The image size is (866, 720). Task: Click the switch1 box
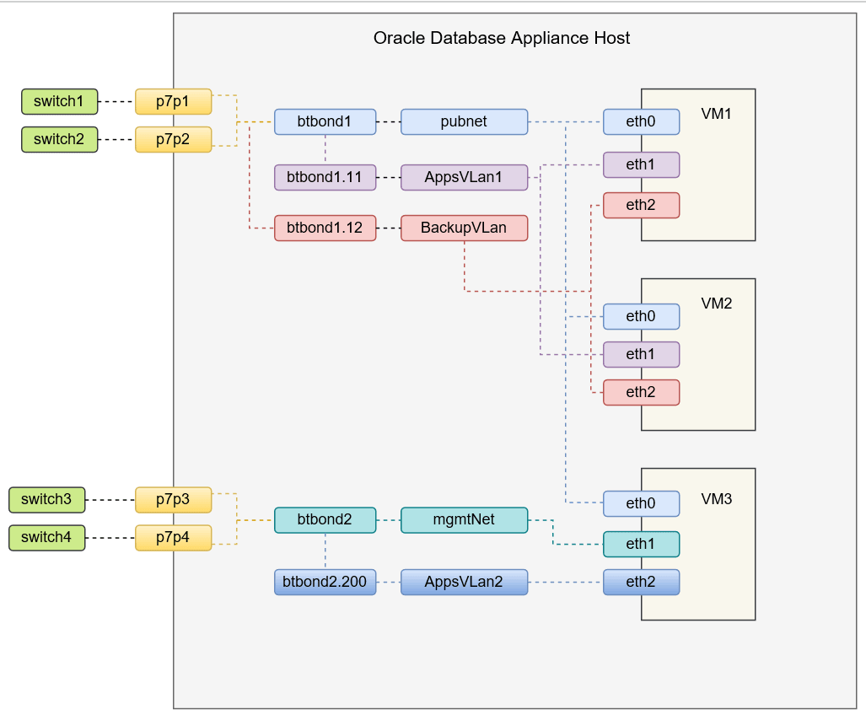(x=59, y=102)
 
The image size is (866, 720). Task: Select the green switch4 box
(x=46, y=537)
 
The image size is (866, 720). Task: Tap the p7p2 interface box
(x=173, y=139)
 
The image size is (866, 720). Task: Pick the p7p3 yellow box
(x=173, y=499)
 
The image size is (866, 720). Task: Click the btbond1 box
(x=325, y=121)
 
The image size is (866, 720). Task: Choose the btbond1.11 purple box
(x=325, y=177)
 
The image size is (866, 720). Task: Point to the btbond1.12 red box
(x=325, y=228)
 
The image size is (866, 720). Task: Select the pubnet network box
(x=464, y=121)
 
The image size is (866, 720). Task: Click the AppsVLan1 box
(x=464, y=177)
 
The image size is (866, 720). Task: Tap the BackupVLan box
(x=464, y=228)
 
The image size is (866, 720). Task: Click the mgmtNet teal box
(x=464, y=519)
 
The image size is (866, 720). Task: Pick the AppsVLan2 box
(x=464, y=582)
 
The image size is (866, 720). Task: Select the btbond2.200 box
(x=325, y=582)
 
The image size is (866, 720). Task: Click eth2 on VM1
(x=641, y=205)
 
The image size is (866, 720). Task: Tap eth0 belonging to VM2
(x=641, y=316)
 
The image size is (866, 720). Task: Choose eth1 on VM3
(x=641, y=544)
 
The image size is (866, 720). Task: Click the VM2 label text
(x=716, y=304)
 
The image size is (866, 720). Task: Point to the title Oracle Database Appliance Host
(x=502, y=38)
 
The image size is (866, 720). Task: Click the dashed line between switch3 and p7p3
(x=110, y=499)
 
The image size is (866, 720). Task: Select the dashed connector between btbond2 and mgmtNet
(x=388, y=519)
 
